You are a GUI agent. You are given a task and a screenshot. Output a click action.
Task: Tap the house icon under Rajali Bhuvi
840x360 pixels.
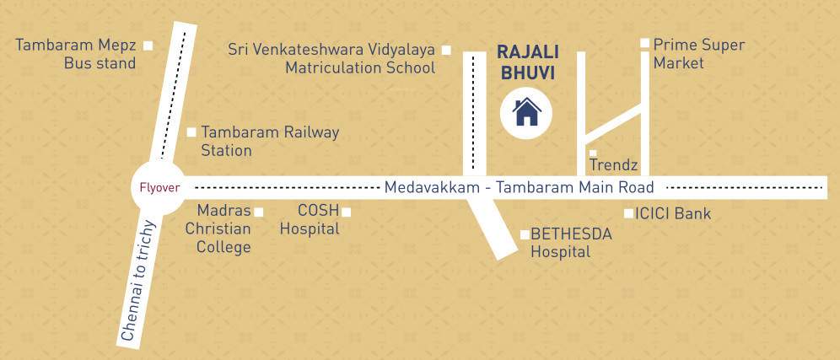click(527, 111)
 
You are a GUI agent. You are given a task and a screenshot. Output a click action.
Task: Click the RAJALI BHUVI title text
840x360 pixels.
click(528, 62)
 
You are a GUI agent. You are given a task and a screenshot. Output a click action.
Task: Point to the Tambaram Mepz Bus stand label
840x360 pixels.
click(76, 54)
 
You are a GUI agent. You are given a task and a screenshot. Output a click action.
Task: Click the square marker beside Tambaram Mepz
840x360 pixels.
click(148, 46)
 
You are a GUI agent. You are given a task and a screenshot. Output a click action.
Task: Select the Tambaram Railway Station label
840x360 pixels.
click(269, 141)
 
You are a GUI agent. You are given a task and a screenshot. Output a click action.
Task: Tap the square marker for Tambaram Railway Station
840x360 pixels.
click(191, 132)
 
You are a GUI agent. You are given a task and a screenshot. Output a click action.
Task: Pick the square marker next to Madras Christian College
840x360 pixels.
click(259, 212)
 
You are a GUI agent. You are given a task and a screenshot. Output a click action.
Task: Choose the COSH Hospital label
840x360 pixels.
click(310, 219)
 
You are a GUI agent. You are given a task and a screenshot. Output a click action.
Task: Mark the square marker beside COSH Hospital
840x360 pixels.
click(346, 212)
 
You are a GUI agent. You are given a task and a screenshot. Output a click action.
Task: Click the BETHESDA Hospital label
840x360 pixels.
click(571, 243)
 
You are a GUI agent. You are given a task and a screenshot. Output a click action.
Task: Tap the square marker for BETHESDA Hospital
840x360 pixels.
click(525, 234)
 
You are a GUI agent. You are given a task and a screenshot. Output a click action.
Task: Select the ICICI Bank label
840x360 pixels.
click(673, 214)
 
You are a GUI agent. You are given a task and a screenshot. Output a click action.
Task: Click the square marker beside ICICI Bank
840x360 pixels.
click(628, 213)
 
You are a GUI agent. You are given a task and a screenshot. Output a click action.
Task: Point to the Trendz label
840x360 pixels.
click(613, 165)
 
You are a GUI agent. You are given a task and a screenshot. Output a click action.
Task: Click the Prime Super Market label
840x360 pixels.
click(698, 53)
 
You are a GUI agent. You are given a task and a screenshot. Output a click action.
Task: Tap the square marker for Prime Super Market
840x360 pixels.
click(644, 43)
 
